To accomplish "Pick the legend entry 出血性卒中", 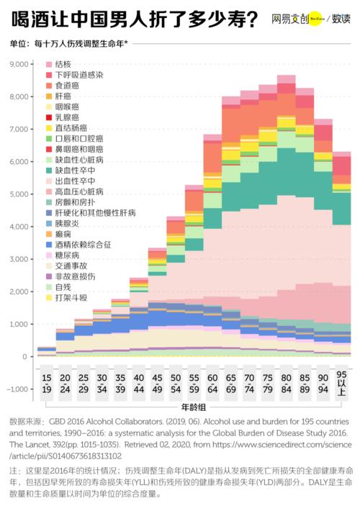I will (x=75, y=181).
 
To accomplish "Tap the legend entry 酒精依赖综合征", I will (x=83, y=245).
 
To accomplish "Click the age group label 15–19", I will (x=46, y=384).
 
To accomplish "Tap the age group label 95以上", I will (x=341, y=384).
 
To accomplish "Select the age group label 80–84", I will (x=286, y=384).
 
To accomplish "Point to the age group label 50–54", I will (x=175, y=384).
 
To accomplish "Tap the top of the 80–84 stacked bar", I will (x=286, y=76).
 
